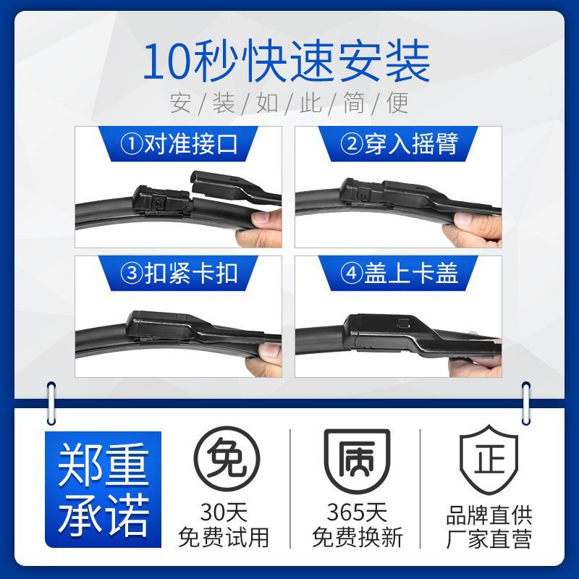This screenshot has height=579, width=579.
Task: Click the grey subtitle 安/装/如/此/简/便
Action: coord(289,103)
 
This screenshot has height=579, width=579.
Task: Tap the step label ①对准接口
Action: coord(179,143)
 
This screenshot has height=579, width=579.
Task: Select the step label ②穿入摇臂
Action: coord(399,143)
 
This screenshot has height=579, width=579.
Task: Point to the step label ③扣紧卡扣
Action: coord(179,273)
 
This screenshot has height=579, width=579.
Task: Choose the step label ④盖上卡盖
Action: coord(399,273)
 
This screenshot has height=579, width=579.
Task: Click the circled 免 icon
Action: coord(227,459)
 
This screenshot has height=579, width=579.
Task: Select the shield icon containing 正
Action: coord(489,459)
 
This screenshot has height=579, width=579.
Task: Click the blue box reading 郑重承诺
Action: coord(103,489)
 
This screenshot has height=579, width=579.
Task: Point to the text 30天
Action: coord(224,512)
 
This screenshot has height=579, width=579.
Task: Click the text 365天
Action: coord(357,512)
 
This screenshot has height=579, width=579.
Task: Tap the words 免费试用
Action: coord(224,537)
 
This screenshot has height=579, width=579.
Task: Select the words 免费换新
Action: coord(357,537)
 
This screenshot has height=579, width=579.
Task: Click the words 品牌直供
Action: coord(489,515)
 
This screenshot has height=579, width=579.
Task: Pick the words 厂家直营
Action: coord(489,539)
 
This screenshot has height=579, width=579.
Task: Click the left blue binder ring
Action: coord(51,403)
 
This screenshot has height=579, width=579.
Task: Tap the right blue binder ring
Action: coord(526,403)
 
